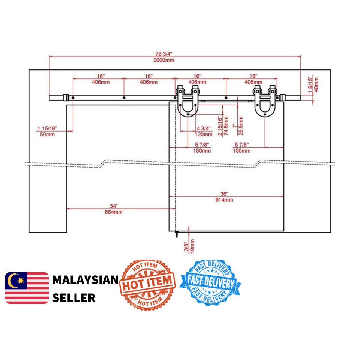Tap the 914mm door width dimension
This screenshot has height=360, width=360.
tap(224, 200)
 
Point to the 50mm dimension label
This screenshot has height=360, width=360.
tap(47, 134)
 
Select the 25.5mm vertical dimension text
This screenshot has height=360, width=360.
tap(241, 125)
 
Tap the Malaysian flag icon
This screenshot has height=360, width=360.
tap(27, 288)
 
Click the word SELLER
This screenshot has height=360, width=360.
tap(74, 298)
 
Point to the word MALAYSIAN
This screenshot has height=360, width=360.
tap(85, 280)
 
